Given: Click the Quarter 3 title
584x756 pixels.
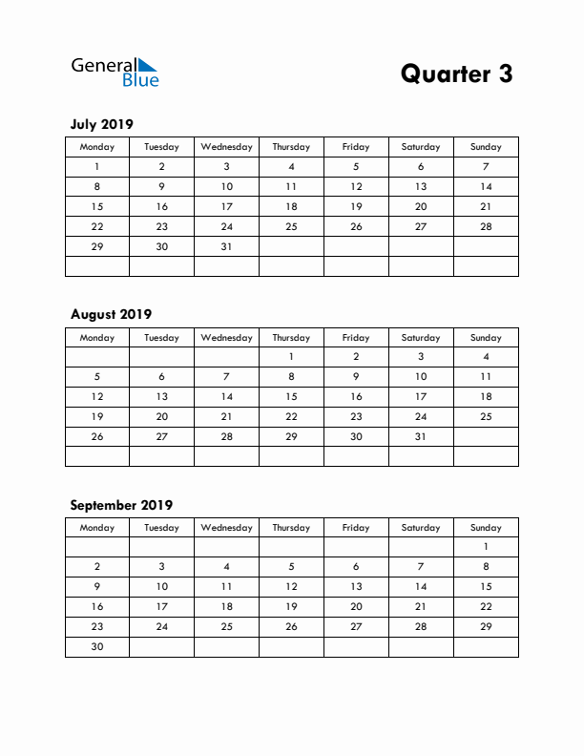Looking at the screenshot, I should [x=456, y=73].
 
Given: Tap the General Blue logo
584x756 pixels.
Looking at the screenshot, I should [x=115, y=72].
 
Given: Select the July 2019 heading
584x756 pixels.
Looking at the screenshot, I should [x=102, y=124].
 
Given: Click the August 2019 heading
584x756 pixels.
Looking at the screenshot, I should [x=111, y=314].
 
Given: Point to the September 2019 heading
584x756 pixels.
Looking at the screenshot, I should [x=121, y=505].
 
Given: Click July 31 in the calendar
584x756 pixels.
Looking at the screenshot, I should [x=226, y=246].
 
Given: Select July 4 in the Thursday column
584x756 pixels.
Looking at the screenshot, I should [x=291, y=166].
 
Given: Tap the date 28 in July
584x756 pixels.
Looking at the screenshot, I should [x=486, y=226].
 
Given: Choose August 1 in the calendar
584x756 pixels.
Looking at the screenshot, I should [x=291, y=356].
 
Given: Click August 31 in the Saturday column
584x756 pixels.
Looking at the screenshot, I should [x=421, y=436].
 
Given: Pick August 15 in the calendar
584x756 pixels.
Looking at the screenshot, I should [x=291, y=396].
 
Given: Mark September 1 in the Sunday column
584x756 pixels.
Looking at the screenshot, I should [x=486, y=547].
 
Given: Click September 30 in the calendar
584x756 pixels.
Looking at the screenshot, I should [x=96, y=646].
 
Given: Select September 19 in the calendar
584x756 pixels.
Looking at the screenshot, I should [x=291, y=606].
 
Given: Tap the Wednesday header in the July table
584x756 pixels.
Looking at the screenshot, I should [x=226, y=147].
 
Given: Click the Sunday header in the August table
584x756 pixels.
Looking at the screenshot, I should [x=486, y=337].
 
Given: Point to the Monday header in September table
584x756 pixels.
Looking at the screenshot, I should [x=96, y=528].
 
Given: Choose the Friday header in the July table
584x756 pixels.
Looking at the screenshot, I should [x=356, y=147].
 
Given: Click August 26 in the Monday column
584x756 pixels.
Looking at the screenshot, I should [x=96, y=436].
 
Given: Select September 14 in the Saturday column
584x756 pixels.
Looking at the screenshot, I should [x=421, y=587].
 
